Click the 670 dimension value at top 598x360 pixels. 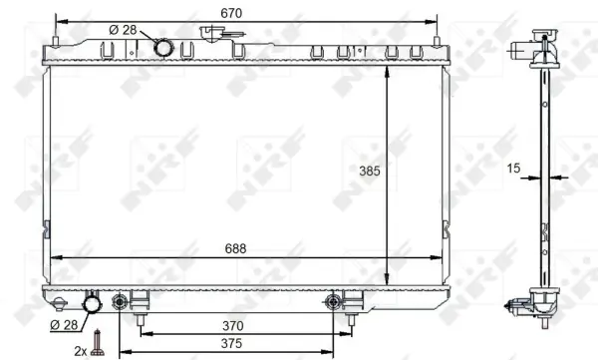pos(231,13)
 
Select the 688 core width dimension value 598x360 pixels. pos(235,249)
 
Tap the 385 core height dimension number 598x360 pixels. pos(370,172)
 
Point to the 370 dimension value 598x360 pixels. pos(232,326)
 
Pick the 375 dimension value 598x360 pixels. pos(231,344)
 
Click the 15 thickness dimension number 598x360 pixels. pos(513,168)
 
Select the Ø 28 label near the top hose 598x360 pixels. pos(123,30)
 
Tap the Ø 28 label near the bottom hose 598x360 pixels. pos(64,325)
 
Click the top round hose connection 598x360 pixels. pos(164,48)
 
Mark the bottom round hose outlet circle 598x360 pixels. pos(92,304)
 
